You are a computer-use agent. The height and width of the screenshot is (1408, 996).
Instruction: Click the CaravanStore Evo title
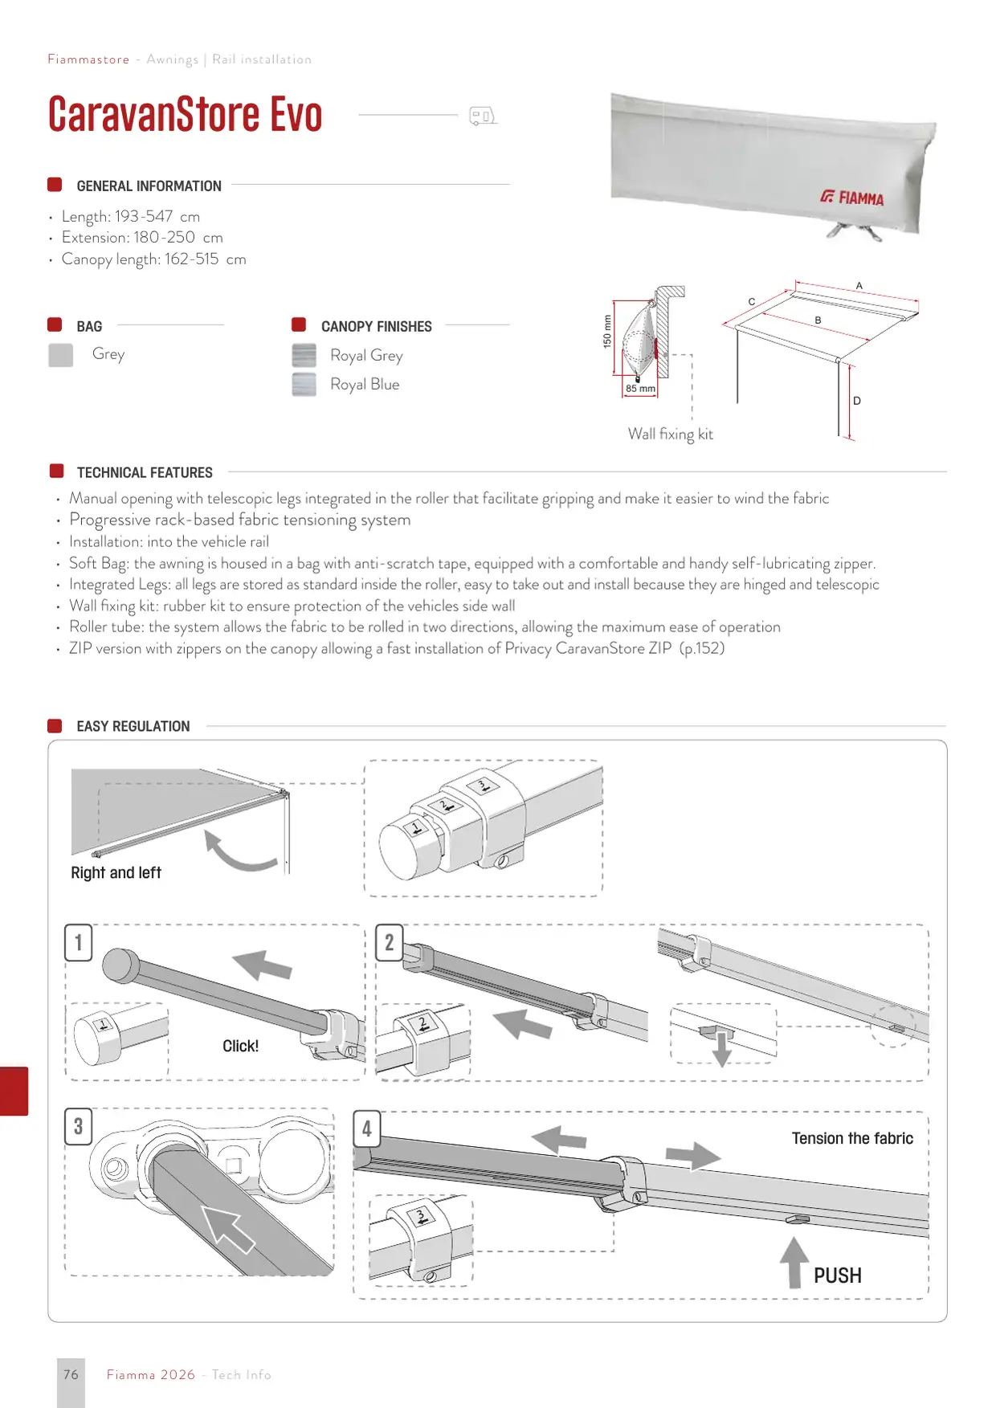(x=186, y=114)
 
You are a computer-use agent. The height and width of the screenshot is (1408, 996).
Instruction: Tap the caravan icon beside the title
(x=483, y=116)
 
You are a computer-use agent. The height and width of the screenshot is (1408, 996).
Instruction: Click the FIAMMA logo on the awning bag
(x=852, y=198)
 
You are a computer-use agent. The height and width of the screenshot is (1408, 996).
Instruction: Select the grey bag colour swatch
(x=60, y=355)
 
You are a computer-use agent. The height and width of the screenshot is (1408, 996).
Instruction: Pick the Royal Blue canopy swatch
(x=304, y=384)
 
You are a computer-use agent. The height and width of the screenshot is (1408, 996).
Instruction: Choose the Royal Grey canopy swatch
(x=304, y=355)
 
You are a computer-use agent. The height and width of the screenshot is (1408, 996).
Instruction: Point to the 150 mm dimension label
(x=607, y=331)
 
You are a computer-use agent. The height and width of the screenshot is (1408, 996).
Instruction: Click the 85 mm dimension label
(x=640, y=389)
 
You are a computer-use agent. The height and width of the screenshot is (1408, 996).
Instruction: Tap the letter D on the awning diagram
(x=857, y=401)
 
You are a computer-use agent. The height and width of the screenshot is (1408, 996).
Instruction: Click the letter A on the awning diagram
(x=859, y=286)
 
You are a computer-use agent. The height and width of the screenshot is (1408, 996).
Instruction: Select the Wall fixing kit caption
(x=671, y=434)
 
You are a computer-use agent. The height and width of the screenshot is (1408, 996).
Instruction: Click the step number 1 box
(x=79, y=942)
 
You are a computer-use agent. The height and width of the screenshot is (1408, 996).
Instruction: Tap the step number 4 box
(x=367, y=1128)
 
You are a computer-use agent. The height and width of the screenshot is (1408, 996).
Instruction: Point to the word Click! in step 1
(x=241, y=1046)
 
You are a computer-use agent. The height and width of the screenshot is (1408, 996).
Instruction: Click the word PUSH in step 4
(x=838, y=1275)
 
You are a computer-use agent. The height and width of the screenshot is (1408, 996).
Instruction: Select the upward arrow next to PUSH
(x=794, y=1263)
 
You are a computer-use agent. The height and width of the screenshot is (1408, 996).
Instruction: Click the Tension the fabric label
(x=852, y=1138)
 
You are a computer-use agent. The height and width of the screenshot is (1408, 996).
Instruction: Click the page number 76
(x=71, y=1374)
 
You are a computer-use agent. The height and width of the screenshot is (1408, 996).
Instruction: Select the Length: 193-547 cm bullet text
(x=131, y=217)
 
